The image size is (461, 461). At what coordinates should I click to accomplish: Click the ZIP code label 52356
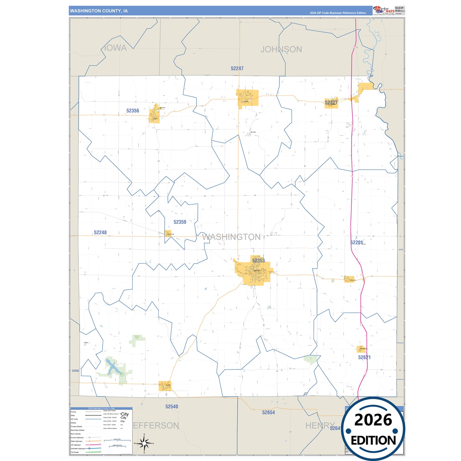point(133,111)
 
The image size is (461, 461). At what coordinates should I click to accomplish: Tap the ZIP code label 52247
point(237,69)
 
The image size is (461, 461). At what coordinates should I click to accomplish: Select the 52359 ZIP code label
point(180,222)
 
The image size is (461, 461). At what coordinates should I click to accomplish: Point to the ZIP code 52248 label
point(100,233)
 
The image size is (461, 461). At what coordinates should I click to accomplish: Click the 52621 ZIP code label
point(364,357)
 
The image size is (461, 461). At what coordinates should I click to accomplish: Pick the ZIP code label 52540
point(172,406)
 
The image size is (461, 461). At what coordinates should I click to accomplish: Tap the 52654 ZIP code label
point(268,413)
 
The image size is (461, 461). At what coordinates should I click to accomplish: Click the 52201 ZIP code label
point(356,242)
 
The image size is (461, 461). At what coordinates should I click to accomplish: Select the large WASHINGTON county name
point(231,237)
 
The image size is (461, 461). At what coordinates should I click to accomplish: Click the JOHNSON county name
point(281,49)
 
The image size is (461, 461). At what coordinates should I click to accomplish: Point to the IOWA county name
point(115,48)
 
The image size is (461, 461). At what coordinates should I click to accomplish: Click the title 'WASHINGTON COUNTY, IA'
point(99,11)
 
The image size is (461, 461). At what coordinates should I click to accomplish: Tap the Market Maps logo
point(384,10)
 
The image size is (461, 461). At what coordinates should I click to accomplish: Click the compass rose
point(144,443)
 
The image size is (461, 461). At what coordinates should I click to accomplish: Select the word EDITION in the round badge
point(373,441)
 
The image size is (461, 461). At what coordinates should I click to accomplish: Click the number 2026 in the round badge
point(373,420)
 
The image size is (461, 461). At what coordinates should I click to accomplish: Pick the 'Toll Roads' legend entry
point(75,452)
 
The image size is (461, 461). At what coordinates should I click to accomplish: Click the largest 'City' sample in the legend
point(125,414)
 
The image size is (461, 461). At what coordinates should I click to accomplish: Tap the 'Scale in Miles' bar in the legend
point(117,440)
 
